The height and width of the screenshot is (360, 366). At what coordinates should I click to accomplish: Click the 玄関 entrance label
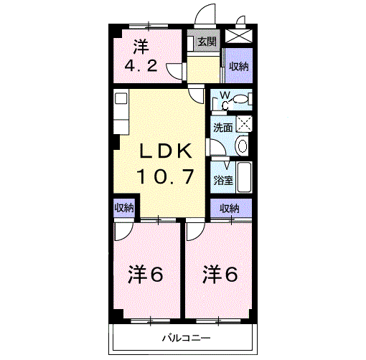click(207, 42)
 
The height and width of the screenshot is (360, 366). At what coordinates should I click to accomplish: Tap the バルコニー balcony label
click(187, 338)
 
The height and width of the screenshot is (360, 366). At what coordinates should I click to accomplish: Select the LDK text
click(166, 151)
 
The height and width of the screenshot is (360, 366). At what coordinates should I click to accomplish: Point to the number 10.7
click(165, 176)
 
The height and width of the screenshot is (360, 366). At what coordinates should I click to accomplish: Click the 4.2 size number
click(141, 66)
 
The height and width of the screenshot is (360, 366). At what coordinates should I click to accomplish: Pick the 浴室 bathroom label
click(223, 180)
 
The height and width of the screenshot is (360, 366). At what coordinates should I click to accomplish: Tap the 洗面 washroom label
click(223, 128)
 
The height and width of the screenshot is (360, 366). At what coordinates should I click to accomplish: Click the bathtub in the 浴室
click(244, 177)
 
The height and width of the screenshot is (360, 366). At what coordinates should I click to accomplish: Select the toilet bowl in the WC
click(240, 99)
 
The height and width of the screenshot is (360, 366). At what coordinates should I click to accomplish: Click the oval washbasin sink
click(242, 146)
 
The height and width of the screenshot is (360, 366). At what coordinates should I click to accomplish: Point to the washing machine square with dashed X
click(244, 124)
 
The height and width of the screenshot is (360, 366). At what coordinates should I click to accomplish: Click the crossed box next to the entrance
click(239, 36)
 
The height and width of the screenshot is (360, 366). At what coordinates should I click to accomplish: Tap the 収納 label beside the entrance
click(239, 67)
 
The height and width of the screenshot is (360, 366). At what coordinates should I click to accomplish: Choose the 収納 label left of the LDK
click(124, 208)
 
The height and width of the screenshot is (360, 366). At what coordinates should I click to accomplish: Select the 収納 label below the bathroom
click(230, 209)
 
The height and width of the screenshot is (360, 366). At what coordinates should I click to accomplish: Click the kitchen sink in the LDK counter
click(121, 98)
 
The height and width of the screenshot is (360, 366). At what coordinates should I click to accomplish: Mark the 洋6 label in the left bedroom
click(146, 275)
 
